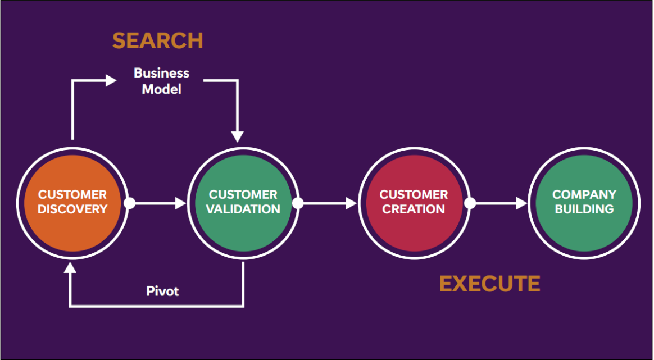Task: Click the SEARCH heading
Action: pos(157,41)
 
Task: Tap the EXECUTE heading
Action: pos(489,284)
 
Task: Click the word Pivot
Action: pos(162,291)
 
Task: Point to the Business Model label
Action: pos(162,81)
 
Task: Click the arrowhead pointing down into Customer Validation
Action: pos(238,136)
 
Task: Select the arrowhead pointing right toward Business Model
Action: pos(111,80)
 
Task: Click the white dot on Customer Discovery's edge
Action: pos(129,203)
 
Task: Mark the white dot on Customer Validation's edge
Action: pos(298,203)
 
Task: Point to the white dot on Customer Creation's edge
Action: pos(470,203)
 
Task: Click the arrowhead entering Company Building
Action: pos(522,203)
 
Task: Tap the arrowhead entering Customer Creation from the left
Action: pos(351,203)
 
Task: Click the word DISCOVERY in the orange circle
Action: pos(72,209)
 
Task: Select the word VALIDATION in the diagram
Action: pos(243,209)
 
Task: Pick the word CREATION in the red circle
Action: pos(414,209)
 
